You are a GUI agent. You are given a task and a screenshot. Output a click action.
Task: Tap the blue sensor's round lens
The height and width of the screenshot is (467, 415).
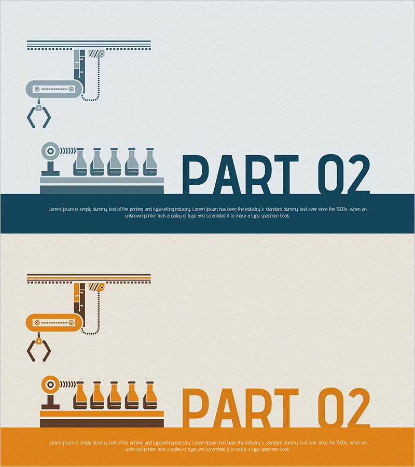[x=50, y=151]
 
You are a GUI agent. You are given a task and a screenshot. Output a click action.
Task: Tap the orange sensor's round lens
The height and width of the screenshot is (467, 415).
[x=50, y=384]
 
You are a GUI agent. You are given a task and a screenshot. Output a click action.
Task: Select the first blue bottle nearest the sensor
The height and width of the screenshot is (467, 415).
[x=80, y=162]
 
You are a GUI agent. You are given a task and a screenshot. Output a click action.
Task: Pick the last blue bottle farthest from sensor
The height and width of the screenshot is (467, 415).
[x=150, y=162]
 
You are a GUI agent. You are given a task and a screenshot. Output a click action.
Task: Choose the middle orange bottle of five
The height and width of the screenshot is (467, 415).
[x=114, y=395]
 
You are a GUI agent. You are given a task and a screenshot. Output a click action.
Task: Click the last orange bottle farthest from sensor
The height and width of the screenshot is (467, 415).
[x=150, y=395]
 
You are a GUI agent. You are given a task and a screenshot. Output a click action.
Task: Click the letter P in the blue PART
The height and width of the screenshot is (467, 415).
[x=195, y=174]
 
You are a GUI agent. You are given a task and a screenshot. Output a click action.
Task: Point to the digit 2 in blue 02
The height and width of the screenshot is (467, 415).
[x=358, y=174]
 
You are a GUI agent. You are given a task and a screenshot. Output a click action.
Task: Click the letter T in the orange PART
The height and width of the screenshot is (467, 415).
[x=286, y=408]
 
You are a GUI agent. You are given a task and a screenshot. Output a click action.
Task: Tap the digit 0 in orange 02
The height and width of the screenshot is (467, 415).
[x=331, y=408]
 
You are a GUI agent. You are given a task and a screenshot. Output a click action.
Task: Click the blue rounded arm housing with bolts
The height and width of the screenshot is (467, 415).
[x=54, y=89]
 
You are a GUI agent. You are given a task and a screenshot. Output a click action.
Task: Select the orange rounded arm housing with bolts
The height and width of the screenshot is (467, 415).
[x=54, y=323]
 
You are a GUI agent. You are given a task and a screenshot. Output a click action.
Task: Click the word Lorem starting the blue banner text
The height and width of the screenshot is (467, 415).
[x=54, y=210]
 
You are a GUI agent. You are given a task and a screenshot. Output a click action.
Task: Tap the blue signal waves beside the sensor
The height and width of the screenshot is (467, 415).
[x=67, y=151]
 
